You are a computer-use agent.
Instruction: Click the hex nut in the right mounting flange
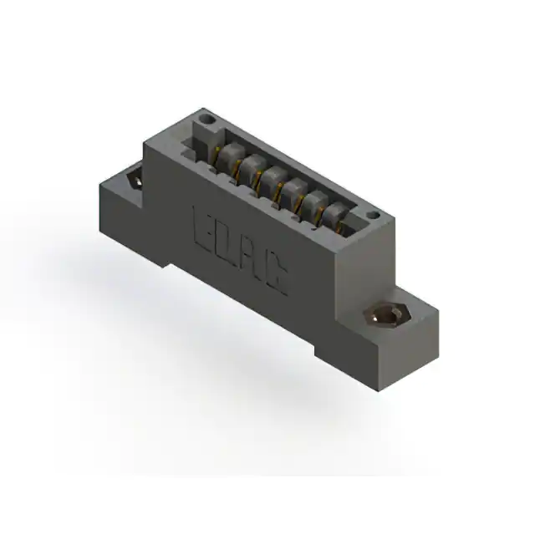(385, 315)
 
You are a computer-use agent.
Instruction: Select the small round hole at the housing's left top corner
(207, 120)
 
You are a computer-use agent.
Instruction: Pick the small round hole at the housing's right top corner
(374, 216)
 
